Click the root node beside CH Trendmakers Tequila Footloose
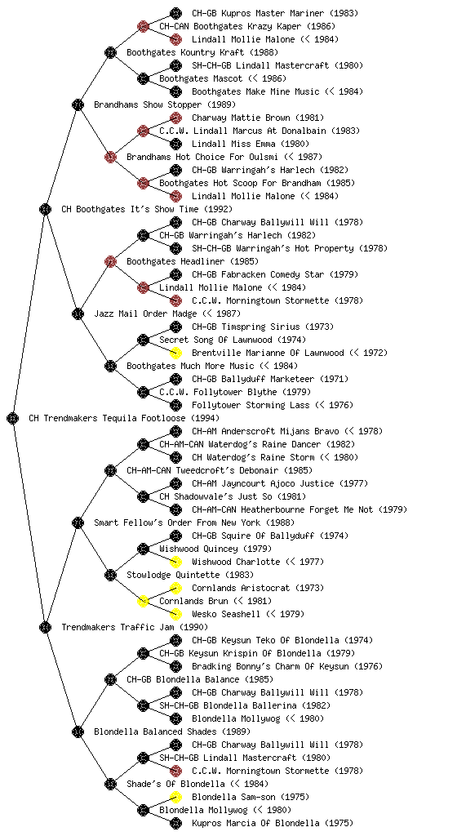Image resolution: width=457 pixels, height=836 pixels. coord(13,418)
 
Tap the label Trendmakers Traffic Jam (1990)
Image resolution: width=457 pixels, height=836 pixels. coord(135,627)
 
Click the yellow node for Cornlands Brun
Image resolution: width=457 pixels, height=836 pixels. coord(143,601)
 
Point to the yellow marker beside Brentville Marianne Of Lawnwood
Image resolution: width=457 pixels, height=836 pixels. coord(175,353)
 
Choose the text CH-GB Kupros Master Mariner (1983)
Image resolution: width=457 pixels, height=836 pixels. coord(275,13)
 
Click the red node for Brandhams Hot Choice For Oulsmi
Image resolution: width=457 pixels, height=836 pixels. coord(110,157)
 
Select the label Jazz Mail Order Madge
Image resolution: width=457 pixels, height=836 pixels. coord(145,313)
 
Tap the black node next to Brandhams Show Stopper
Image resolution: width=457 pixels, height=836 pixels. coord(78,104)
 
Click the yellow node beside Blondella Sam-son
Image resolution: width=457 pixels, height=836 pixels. coord(175,797)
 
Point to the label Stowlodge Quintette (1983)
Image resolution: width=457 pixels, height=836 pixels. coord(190,575)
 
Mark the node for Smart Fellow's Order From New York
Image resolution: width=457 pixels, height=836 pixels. coord(78,522)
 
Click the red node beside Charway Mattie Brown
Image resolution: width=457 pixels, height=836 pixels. coord(175,118)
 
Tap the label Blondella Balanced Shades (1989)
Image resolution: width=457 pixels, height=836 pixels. coord(172,731)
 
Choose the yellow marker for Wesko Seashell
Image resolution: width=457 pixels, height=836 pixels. coord(175,614)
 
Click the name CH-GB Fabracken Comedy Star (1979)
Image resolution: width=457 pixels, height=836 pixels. coord(275,274)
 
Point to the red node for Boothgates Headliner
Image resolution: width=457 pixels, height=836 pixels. coord(110,261)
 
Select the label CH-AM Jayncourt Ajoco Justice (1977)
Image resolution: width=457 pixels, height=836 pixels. coord(280,483)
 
